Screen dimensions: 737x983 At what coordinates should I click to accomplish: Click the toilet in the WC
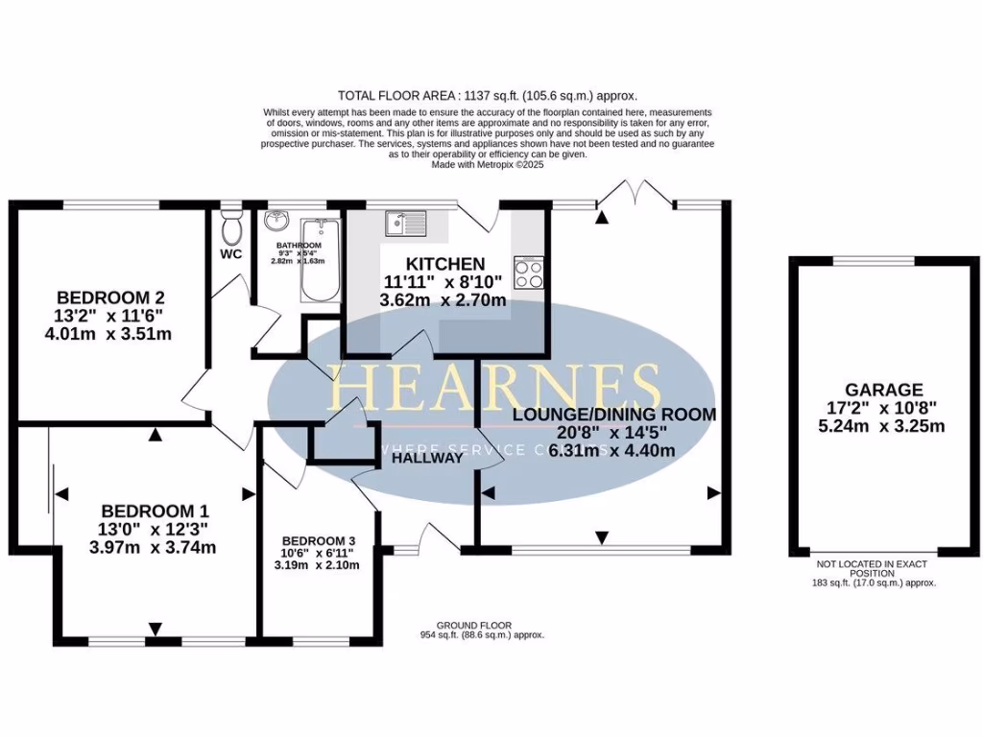point(231,227)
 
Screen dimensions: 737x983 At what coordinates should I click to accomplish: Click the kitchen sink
point(405,225)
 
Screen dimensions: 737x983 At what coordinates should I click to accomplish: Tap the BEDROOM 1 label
point(155,511)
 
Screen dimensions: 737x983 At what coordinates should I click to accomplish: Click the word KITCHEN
point(444,264)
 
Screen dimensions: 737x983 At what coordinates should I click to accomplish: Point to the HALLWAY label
point(427,459)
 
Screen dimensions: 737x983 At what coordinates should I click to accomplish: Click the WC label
point(230,254)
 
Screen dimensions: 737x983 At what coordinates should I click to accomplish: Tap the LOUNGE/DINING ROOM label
point(614,415)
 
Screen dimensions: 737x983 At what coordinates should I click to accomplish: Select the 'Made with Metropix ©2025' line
point(488,164)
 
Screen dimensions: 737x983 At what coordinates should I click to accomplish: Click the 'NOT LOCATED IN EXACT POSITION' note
point(873,569)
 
